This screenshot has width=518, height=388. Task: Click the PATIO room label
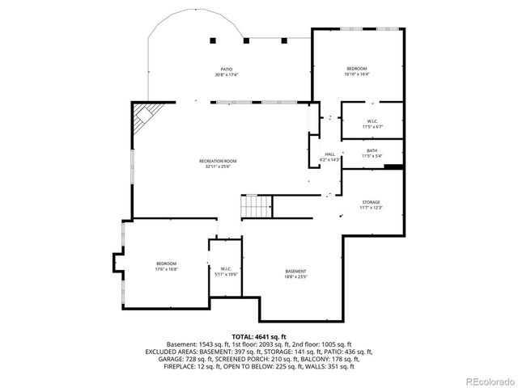[x=227, y=70]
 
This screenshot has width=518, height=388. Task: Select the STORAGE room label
[x=370, y=202]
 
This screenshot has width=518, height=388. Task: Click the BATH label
[x=372, y=150]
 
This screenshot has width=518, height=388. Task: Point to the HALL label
[x=330, y=154]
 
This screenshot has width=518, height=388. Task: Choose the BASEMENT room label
[x=295, y=271]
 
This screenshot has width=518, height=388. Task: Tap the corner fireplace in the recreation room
[x=144, y=116]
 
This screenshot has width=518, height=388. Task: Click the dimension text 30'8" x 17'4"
[x=227, y=75]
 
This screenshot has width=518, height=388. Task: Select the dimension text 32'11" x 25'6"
[x=216, y=167]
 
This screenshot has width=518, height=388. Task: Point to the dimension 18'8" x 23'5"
[x=295, y=276]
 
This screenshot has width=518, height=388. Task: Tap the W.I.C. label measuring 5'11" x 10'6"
[x=226, y=269]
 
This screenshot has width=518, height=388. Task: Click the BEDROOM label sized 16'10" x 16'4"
[x=357, y=68]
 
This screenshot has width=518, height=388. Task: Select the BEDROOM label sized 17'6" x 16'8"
[x=167, y=264]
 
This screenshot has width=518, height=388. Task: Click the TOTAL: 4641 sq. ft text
[x=259, y=336]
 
